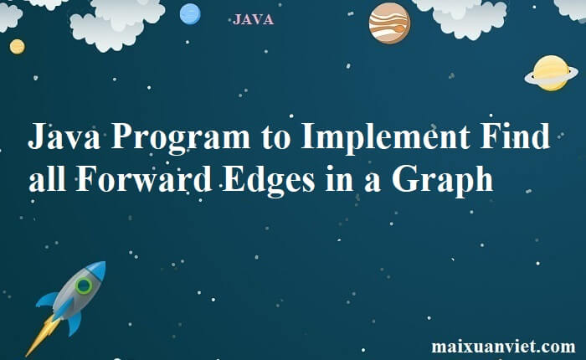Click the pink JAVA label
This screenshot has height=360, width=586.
coord(253,19)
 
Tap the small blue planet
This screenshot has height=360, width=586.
coord(190,14)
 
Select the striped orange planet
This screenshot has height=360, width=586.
coord(389,23)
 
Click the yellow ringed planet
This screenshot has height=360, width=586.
coord(551,74)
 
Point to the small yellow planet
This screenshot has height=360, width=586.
coord(18,47)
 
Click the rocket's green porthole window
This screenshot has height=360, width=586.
coord(84,286)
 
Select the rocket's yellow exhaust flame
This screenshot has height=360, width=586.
coord(43,336)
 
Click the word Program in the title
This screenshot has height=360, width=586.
coord(181,136)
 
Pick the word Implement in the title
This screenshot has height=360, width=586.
coord(385,136)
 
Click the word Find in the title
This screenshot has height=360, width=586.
coord(515,136)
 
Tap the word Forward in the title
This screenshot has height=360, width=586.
coord(144,178)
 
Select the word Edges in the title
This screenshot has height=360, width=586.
coord(269,180)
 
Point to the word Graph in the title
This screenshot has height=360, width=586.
coord(443,180)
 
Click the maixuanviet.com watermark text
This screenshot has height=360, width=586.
coord(503,346)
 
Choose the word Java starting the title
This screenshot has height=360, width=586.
coord(64,136)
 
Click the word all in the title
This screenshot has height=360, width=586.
coord(48,178)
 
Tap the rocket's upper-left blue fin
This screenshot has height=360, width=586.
coord(47,300)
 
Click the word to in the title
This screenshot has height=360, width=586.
coord(275,137)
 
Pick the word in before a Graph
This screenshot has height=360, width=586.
coord(339,178)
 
